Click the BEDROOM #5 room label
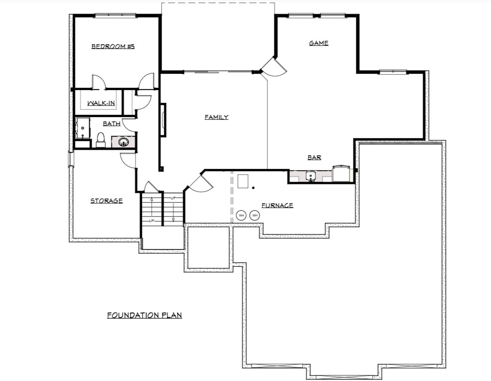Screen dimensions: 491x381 point(113,46)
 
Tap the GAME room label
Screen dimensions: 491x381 point(319,43)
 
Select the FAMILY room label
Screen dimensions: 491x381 point(217,117)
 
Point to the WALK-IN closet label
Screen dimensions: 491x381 point(101,103)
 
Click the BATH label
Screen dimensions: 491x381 point(112,123)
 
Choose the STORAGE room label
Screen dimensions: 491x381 point(106,201)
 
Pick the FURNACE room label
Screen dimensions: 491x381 point(277,205)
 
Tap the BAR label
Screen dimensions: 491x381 point(314,157)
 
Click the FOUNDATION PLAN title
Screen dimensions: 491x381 point(145,315)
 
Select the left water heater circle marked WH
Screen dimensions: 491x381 point(241,216)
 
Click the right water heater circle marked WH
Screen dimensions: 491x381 point(255,216)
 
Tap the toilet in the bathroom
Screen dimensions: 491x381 point(101,140)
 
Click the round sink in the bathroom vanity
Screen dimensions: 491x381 point(124,142)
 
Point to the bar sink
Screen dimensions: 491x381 point(310,176)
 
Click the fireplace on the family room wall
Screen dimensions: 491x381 point(163,120)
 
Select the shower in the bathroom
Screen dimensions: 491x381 point(82,128)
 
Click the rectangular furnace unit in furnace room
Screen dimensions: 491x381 point(243,181)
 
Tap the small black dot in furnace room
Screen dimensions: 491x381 point(253,188)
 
